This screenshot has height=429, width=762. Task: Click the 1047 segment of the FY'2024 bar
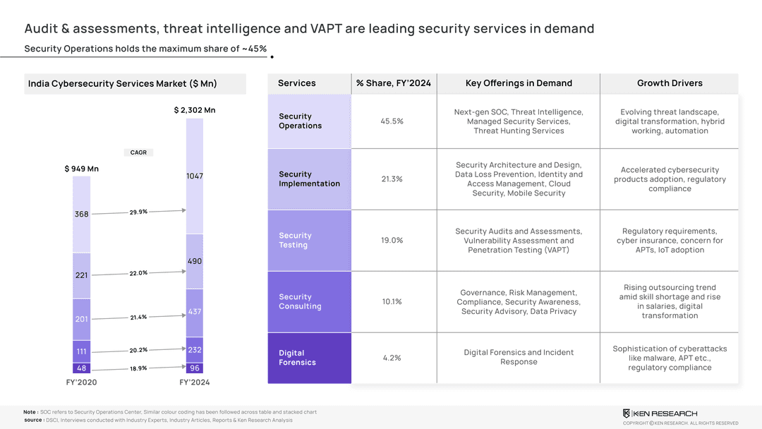click(195, 176)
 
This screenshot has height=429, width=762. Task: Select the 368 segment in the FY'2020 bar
click(82, 214)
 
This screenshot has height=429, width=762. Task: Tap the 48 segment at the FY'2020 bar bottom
click(82, 368)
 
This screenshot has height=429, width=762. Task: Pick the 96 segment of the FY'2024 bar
click(195, 368)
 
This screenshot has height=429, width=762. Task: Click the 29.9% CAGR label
click(138, 212)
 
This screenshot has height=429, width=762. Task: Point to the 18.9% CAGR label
click(138, 368)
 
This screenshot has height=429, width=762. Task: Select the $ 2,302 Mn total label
click(195, 110)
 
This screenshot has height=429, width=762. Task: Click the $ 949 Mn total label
click(82, 169)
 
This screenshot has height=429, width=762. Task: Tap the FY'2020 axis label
click(82, 382)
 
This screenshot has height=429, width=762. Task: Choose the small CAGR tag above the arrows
click(138, 152)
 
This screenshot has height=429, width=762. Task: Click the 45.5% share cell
click(392, 121)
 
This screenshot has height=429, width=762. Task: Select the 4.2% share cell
click(392, 358)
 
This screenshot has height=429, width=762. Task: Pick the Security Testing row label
click(295, 240)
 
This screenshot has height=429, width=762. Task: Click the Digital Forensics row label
click(297, 358)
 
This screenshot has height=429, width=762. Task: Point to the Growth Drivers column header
click(670, 83)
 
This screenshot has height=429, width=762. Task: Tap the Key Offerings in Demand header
click(519, 83)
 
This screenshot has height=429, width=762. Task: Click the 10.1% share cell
click(392, 302)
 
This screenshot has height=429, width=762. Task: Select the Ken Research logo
click(660, 413)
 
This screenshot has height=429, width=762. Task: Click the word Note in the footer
click(30, 412)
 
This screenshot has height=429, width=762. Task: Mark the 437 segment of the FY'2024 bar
click(195, 312)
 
